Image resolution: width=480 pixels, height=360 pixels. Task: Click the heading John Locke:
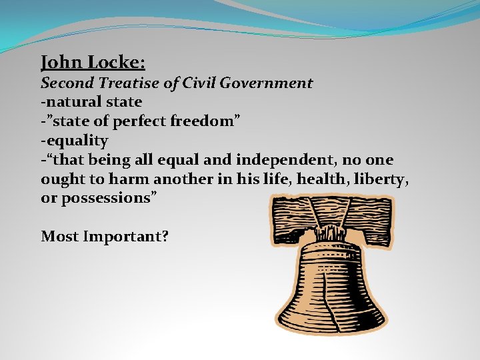coord(93,63)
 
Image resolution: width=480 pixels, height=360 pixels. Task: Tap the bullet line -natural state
coord(91,103)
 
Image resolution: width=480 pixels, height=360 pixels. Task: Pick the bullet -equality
coord(75,141)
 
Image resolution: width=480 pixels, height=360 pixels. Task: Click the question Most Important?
coord(105,236)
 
